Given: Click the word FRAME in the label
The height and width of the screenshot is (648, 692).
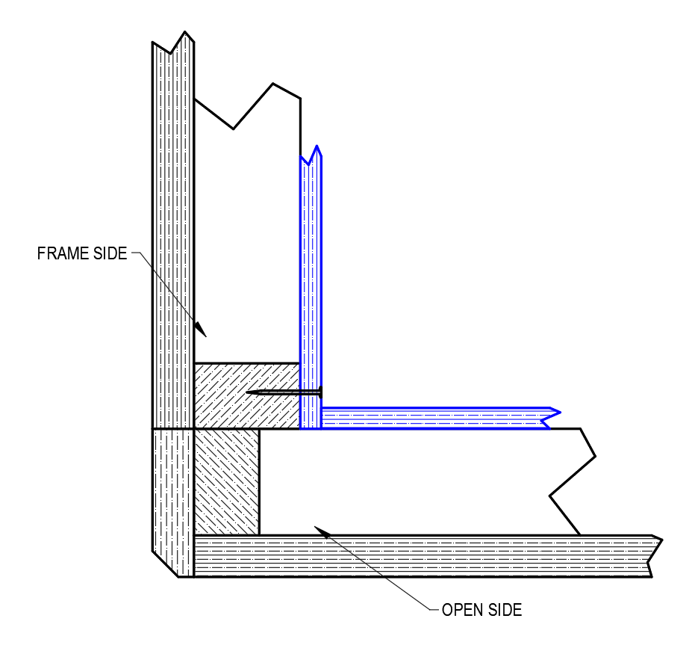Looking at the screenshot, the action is [63, 253].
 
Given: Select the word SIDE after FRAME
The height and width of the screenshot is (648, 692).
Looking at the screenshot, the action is [110, 253].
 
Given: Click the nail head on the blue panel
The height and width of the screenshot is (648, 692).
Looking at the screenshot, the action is [320, 392].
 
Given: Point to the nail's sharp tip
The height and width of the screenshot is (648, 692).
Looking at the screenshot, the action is [246, 392].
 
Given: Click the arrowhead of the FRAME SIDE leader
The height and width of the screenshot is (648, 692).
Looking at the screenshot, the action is [201, 329].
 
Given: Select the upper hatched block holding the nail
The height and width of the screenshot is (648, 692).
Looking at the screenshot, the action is [247, 396].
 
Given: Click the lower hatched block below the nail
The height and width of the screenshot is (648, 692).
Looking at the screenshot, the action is [227, 482].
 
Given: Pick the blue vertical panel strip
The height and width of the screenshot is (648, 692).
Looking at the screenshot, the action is [311, 287].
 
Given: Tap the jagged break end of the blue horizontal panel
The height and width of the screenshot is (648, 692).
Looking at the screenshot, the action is [552, 418].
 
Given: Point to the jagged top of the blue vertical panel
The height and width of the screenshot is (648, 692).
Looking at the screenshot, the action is [311, 155].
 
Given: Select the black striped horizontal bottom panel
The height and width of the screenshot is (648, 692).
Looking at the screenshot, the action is [424, 556].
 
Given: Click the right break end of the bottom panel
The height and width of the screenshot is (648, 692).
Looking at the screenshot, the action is [655, 556].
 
